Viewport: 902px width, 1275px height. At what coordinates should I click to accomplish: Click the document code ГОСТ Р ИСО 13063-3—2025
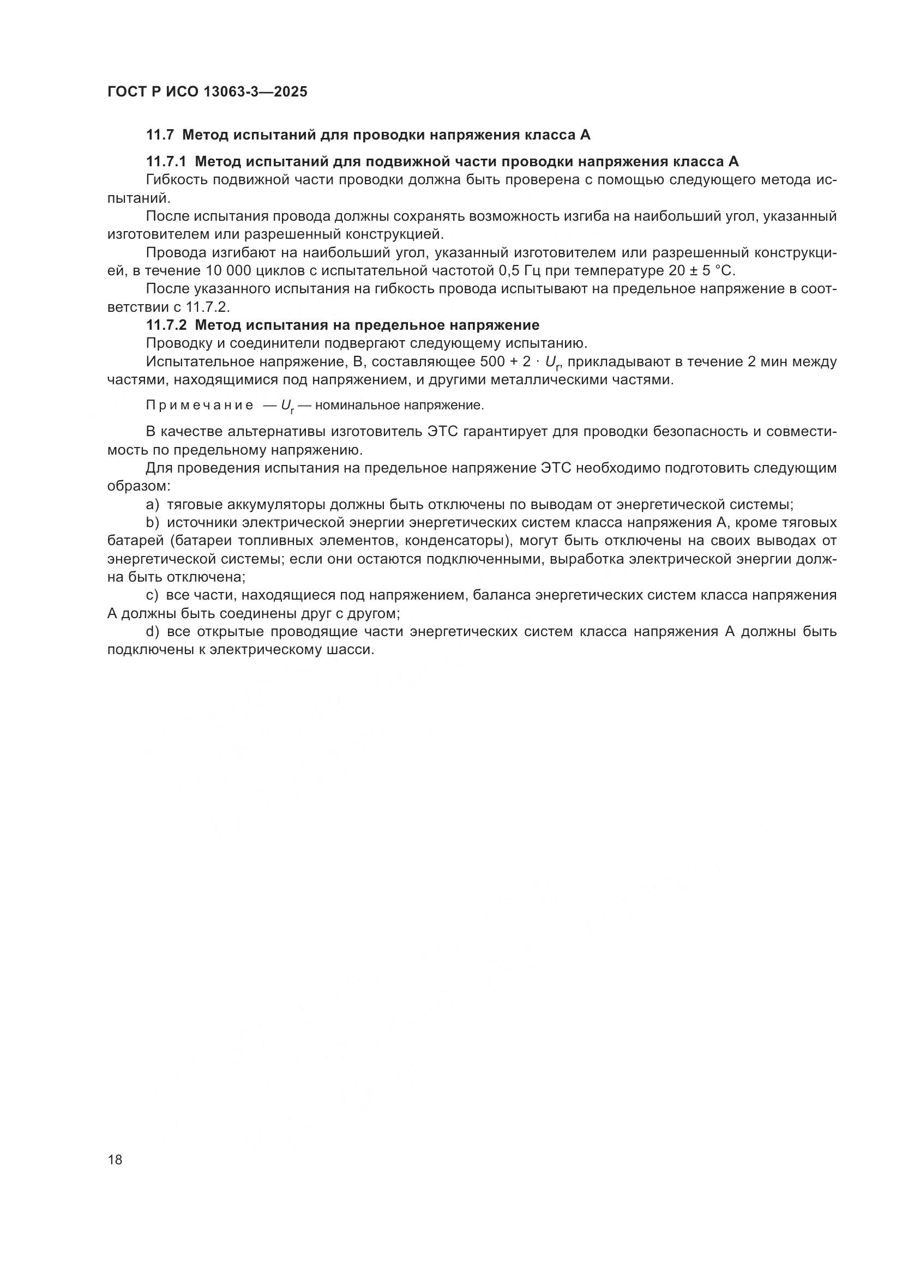coord(207,92)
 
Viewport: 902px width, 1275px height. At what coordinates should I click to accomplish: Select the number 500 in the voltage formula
coord(490,362)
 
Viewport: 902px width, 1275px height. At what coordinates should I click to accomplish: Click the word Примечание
coord(200,406)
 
